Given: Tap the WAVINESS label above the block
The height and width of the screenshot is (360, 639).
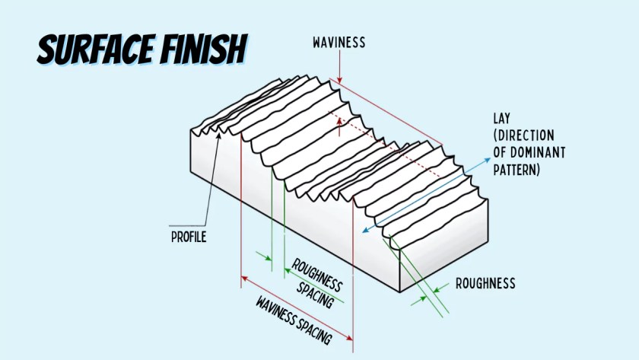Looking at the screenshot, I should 339,43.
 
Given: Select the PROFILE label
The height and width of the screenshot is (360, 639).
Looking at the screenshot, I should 189,237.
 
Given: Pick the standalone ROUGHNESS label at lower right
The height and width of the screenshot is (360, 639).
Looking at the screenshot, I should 485,284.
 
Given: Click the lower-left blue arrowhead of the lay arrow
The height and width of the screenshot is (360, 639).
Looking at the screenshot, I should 365,229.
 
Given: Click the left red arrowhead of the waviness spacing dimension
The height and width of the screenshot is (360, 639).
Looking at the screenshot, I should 243,279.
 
